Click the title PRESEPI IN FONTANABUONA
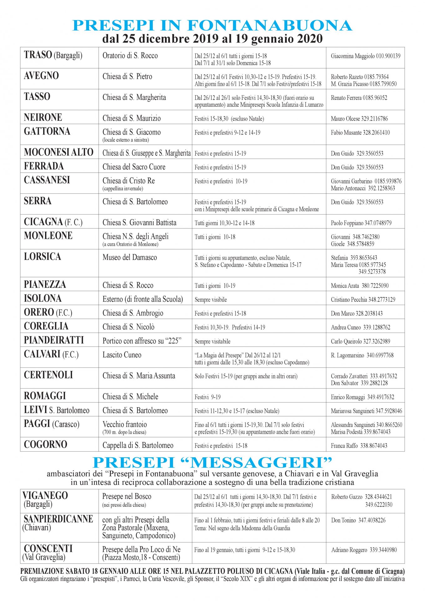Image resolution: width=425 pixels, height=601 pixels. [212, 25]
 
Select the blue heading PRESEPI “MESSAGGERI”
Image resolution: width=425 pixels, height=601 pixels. [212, 462]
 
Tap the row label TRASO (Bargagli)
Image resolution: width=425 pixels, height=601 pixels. [53, 55]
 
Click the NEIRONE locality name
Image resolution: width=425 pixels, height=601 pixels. [43, 117]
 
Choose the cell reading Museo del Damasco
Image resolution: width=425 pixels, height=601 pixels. [130, 257]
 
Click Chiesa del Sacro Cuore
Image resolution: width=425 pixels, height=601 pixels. [134, 167]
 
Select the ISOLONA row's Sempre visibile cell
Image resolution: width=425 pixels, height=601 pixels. [211, 300]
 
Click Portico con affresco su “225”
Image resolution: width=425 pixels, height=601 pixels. [142, 341]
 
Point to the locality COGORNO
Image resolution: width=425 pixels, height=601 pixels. [45, 444]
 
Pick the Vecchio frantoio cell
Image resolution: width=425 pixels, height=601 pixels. [125, 424]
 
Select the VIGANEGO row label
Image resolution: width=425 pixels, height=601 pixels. [45, 495]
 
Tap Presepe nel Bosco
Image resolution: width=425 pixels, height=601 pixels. [126, 496]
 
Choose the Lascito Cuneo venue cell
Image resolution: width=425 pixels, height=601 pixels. [122, 355]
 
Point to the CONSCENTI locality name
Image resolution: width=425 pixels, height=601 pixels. [48, 548]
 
